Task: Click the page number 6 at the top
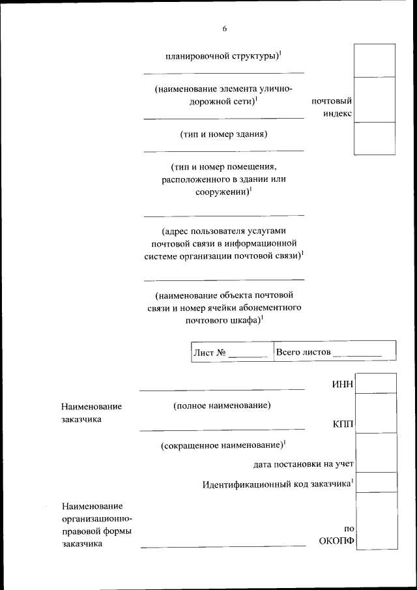pos(224,28)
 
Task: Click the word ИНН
pos(343,383)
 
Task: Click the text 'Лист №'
pos(210,353)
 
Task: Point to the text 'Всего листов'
pos(304,352)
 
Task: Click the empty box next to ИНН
pos(377,383)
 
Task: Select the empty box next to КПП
pos(377,413)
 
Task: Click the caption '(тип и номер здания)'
pos(223,134)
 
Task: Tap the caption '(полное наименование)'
pos(222,406)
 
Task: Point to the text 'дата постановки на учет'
pos(304,464)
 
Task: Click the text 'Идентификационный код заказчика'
pos(276,484)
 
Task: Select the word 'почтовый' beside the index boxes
pos(332,101)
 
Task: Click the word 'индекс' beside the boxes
pos(338,113)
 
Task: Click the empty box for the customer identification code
pos(377,482)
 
